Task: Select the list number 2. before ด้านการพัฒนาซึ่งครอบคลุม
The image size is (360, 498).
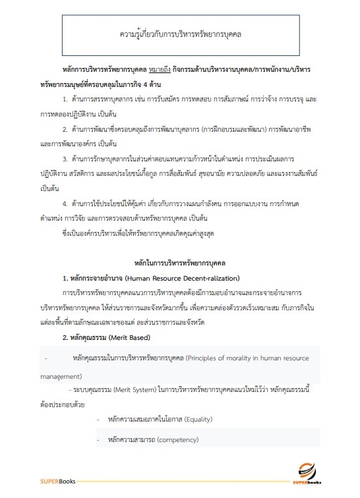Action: coord(65,128)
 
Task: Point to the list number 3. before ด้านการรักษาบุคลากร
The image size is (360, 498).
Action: coord(65,159)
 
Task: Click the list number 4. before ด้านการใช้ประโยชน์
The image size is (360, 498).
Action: coord(65,204)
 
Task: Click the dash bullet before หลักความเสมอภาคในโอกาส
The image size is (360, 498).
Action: coord(98,419)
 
